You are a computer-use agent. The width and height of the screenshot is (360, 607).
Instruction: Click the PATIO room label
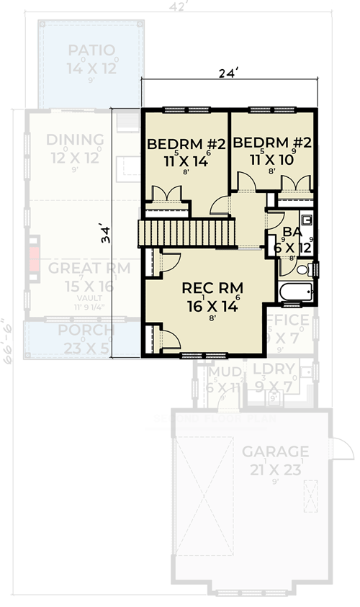[x=92, y=50]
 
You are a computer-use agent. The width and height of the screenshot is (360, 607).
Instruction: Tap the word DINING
[x=75, y=140]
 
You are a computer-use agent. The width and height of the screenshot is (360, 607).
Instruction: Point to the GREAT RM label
[x=89, y=269]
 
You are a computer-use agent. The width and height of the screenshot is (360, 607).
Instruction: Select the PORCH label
[x=86, y=331]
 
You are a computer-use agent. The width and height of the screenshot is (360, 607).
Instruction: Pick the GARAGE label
[x=275, y=451]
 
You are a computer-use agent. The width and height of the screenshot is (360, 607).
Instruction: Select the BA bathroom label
[x=292, y=232]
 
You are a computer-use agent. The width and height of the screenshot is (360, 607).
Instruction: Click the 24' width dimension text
[x=229, y=73]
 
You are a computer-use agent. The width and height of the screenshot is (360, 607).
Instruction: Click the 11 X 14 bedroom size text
[x=186, y=161]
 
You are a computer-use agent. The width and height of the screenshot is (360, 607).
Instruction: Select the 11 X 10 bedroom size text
[x=272, y=161]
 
